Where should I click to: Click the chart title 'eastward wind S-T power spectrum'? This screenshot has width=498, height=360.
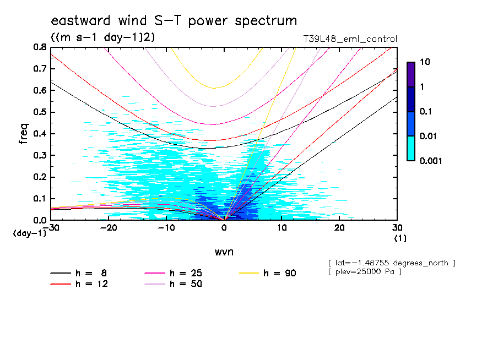(174, 21)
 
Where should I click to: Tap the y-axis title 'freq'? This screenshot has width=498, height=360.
(24, 133)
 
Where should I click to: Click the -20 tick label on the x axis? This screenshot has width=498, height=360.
(109, 227)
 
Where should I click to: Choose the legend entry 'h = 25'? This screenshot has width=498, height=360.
(186, 273)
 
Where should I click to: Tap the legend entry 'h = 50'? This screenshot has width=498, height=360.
(186, 284)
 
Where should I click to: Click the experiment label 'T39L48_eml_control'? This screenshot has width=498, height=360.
(350, 39)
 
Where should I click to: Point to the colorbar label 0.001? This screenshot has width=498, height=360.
(431, 161)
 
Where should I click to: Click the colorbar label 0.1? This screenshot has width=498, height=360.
(426, 112)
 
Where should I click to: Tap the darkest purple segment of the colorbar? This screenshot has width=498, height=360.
(411, 74)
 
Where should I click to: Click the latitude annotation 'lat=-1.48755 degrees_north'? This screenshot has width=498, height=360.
(391, 263)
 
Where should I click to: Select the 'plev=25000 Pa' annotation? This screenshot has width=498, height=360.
(364, 272)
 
